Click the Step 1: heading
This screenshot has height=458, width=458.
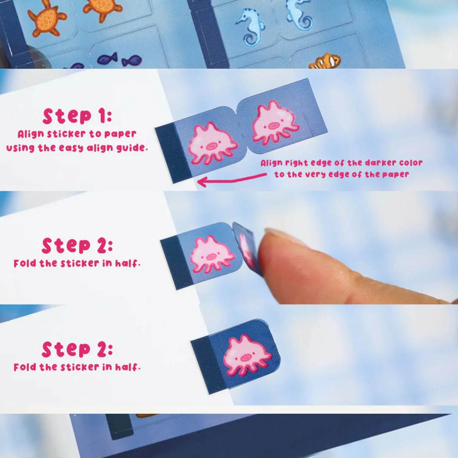pos(77,116)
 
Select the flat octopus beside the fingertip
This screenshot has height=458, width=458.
pos(212,254)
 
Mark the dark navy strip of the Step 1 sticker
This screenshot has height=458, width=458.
pos(173,154)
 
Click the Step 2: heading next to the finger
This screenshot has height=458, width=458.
pos(77,246)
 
